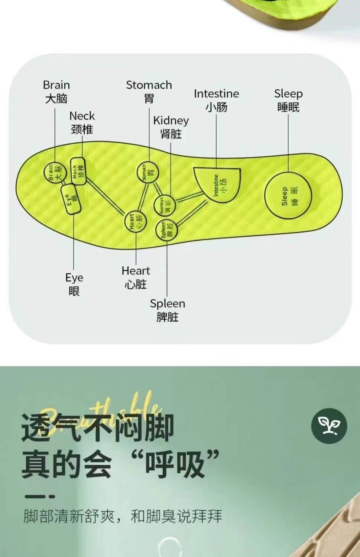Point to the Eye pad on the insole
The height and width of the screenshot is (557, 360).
71,199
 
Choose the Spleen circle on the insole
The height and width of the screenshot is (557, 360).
166,230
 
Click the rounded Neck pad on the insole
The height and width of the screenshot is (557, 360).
78,171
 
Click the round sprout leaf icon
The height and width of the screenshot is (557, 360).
329,426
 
